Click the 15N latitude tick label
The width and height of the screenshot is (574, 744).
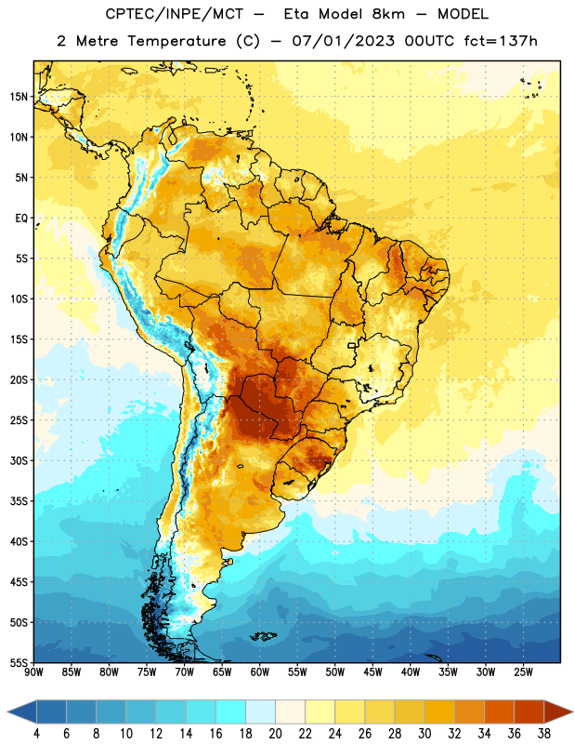(19, 97)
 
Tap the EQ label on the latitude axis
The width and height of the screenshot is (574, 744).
(21, 219)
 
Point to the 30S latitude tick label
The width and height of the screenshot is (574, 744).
(19, 460)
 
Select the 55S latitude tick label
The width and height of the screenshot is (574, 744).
(19, 662)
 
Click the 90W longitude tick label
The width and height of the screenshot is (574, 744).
(33, 672)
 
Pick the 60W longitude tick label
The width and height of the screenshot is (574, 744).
(260, 672)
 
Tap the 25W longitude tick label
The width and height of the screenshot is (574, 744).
(523, 672)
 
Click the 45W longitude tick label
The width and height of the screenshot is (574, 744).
(372, 672)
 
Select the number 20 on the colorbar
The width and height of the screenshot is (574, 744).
(275, 734)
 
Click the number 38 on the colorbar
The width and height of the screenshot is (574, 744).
(544, 734)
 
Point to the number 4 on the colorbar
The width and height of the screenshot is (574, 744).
(36, 734)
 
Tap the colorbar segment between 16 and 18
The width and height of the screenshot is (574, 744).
(230, 711)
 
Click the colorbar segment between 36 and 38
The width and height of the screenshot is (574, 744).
(529, 711)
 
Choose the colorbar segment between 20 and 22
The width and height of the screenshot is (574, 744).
(290, 711)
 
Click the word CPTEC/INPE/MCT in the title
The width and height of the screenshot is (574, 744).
(175, 14)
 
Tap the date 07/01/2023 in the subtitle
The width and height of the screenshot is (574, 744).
(343, 41)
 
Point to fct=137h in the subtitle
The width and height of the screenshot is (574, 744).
(501, 41)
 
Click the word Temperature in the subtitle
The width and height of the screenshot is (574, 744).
(176, 42)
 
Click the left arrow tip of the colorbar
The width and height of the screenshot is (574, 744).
(8, 711)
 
